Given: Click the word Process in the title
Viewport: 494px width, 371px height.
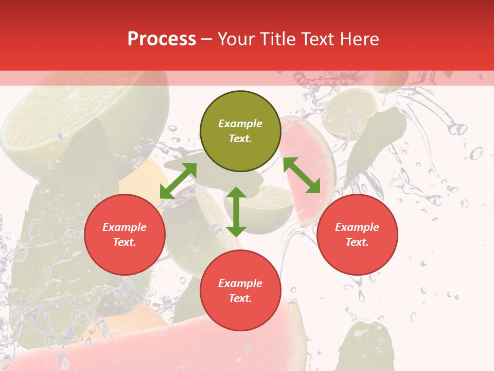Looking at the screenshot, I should [x=162, y=39].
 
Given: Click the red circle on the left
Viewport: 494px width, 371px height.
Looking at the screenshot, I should [x=125, y=234].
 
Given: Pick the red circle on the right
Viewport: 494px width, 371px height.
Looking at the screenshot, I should [x=357, y=234].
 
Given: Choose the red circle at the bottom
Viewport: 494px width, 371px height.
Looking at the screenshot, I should [x=240, y=291].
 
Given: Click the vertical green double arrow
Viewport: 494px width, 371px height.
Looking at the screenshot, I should [x=236, y=212].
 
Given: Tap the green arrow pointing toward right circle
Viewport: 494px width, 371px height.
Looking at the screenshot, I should [x=302, y=175].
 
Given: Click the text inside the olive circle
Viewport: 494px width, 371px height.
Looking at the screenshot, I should [x=240, y=131].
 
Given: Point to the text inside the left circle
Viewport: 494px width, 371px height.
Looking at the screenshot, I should [x=125, y=234].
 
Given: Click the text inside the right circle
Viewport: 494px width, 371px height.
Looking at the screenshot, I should [x=357, y=234].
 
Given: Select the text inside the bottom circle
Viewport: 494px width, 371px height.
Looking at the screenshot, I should [x=240, y=291].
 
